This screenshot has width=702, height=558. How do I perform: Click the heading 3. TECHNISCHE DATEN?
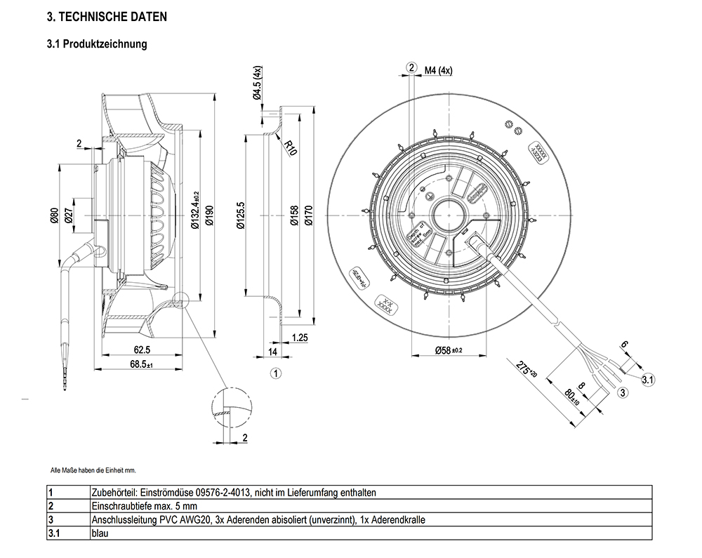(x=107, y=16)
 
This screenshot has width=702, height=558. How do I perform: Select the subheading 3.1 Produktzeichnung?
(x=97, y=44)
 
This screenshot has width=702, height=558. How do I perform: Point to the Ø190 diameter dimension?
(x=208, y=219)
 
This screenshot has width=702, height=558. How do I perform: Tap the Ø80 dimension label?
(x=53, y=218)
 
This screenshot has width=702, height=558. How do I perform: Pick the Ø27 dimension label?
(x=68, y=218)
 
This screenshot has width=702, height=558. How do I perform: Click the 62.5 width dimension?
(x=142, y=350)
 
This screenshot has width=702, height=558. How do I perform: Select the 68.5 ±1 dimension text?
(x=142, y=364)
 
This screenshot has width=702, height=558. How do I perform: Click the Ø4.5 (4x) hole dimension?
(x=257, y=84)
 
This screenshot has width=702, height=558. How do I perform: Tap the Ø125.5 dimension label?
(x=241, y=218)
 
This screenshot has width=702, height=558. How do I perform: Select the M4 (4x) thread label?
(x=439, y=70)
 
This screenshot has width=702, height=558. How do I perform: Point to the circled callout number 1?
(x=276, y=373)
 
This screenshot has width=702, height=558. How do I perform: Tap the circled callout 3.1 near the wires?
(x=648, y=380)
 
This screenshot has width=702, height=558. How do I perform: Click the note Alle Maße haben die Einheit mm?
(x=93, y=470)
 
